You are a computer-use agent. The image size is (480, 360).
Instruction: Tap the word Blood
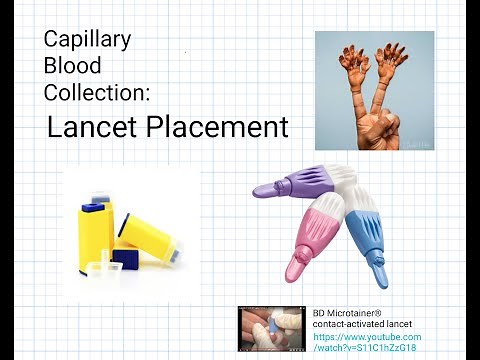tap(70, 66)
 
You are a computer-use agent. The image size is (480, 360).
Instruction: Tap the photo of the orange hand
tap(374, 90)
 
